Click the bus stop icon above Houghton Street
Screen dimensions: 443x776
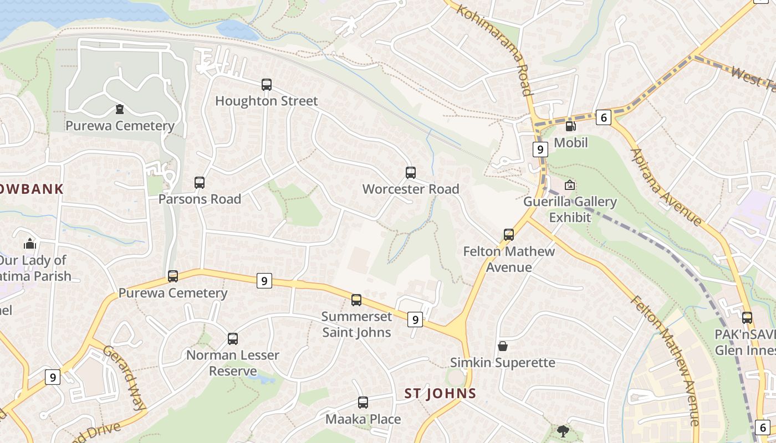click(x=267, y=85)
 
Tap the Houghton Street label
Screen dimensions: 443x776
click(x=267, y=101)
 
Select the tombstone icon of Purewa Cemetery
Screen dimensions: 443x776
click(x=120, y=109)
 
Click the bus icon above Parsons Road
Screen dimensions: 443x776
click(x=200, y=182)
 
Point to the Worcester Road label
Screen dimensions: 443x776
click(x=411, y=189)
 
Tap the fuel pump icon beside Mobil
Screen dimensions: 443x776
click(x=570, y=126)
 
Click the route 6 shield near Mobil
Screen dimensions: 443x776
click(x=604, y=117)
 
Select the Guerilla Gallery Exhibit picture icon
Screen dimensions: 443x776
click(x=570, y=185)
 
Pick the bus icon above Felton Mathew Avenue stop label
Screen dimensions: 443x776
click(x=509, y=235)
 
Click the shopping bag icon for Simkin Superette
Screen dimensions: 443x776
click(x=503, y=346)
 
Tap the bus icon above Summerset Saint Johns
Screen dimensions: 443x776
click(x=356, y=300)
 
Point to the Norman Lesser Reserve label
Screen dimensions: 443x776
click(x=233, y=363)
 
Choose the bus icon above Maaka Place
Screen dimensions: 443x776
click(x=363, y=403)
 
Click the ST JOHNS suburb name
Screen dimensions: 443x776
click(x=440, y=394)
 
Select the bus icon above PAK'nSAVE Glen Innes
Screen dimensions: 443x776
click(x=747, y=318)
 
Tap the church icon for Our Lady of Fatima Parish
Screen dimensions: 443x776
click(x=30, y=244)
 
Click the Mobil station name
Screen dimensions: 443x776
click(x=571, y=142)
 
